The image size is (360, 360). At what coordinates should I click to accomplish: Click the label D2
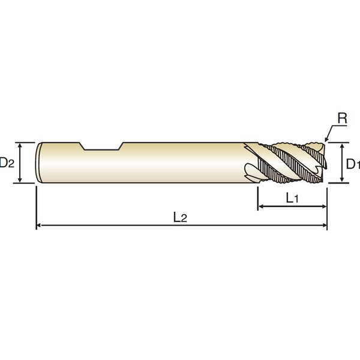click(7, 163)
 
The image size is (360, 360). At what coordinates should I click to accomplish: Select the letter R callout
click(343, 118)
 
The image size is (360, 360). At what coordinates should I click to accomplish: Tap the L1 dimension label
click(292, 198)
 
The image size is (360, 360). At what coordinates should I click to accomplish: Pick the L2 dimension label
click(180, 217)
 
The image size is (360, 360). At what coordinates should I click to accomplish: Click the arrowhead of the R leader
click(326, 140)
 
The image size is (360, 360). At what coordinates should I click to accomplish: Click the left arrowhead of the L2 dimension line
click(39, 225)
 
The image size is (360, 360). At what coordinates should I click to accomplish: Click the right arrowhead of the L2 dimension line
click(325, 225)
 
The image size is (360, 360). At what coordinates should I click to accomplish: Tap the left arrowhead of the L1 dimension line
click(260, 206)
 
